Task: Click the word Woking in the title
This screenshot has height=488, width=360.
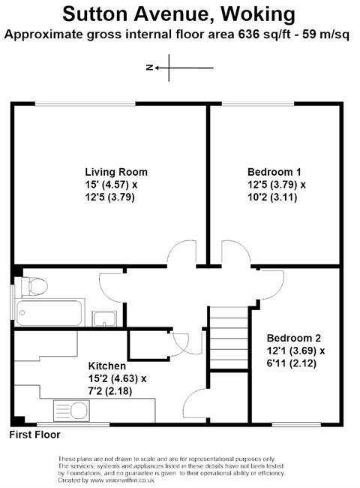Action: pos(258,14)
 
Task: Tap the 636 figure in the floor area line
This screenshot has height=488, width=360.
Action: pos(249,35)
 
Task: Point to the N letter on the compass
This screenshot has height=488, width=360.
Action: pos(149,68)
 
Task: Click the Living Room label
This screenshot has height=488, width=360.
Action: pos(116,172)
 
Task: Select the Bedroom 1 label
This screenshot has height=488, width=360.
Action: pos(274,172)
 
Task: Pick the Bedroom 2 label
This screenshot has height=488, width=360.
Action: pos(294,338)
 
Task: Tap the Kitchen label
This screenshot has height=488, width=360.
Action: pos(107,366)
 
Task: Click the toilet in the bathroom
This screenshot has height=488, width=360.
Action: pos(34,286)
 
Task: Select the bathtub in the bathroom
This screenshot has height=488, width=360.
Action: pos(49,312)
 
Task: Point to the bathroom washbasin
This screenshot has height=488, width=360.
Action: pos(104,318)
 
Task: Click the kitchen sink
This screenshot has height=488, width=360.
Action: pos(71,410)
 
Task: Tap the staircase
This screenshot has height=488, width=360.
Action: pos(229,338)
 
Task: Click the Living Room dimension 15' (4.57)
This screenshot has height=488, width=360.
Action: pos(108,185)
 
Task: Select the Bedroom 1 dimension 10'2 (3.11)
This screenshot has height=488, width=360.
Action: pos(272,197)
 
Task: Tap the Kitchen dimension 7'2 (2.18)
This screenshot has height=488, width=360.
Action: pos(110,391)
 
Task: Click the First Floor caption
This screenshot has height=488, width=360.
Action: pos(34,435)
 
